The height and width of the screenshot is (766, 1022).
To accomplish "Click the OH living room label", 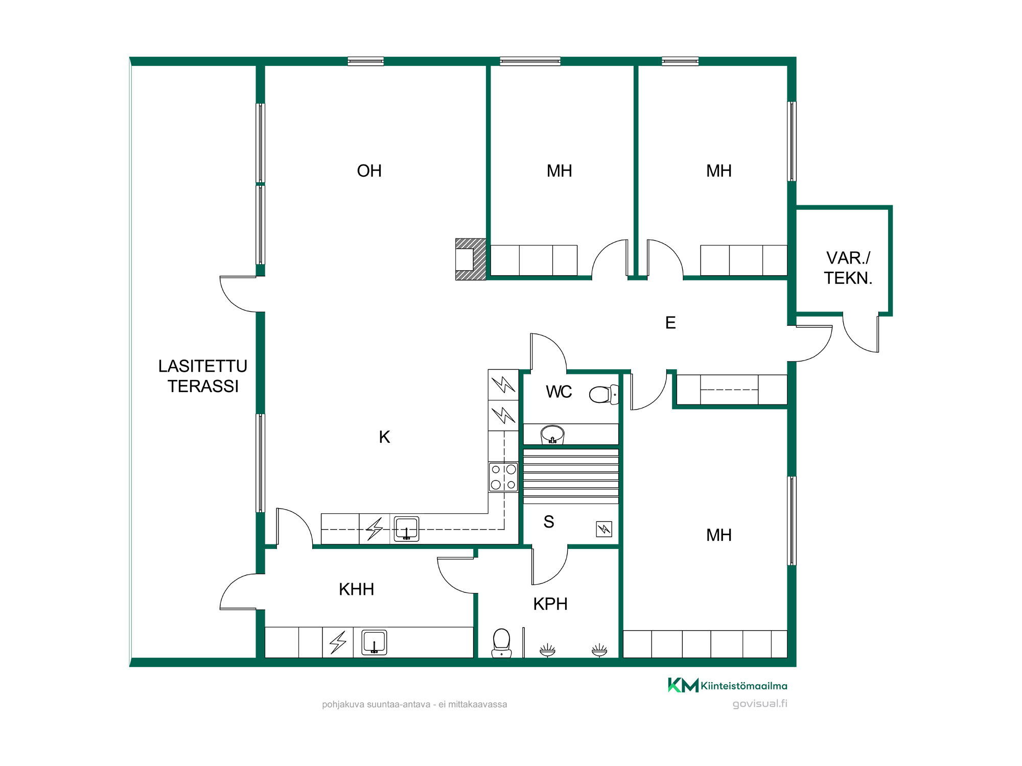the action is tap(369, 171).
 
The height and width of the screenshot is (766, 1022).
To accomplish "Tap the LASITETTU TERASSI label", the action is tap(203, 376).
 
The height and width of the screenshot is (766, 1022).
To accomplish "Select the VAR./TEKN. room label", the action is tap(848, 268).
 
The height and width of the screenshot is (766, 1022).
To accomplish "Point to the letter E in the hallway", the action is tap(670, 323).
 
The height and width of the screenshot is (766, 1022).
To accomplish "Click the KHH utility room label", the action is tap(356, 589).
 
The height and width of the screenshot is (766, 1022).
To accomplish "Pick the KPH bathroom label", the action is tap(550, 604).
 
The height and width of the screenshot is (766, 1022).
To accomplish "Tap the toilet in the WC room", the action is tap(603, 394).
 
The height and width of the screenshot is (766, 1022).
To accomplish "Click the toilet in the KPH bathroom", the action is tap(501, 643).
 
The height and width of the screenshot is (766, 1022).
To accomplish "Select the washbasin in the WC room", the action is tap(552, 435).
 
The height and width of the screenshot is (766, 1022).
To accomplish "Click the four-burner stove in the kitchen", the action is tap(503, 477).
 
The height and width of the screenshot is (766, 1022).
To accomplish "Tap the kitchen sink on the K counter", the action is tap(407, 529).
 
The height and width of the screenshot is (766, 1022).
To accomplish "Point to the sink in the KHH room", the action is tap(374, 642).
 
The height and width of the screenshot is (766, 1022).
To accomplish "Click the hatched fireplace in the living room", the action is tap(471, 259).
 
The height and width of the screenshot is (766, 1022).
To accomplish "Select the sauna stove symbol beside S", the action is tap(604, 529).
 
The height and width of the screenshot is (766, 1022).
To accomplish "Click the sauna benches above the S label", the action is tap(571, 476).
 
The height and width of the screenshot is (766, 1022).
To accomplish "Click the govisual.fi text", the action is tap(760, 704).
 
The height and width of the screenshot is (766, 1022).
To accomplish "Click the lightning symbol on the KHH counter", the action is tap(338, 642).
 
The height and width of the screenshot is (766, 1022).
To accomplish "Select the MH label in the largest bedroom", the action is tap(718, 535).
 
